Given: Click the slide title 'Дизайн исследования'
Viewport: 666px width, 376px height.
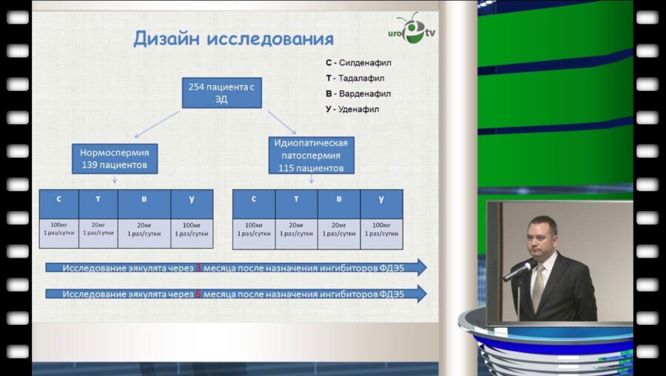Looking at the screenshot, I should coord(233,38).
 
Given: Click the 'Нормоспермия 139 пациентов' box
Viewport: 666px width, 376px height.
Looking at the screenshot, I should coord(115,158).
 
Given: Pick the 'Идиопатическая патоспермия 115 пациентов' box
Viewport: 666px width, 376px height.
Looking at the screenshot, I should coord(311,155).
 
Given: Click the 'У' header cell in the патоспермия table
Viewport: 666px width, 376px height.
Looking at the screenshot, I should coord(382,199).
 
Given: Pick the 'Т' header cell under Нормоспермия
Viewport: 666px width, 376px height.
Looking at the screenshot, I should coord(98,199).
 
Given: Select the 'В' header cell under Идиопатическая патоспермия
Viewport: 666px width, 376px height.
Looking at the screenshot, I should coord(339,199).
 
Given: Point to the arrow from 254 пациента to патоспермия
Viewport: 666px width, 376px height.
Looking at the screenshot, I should coord(281,123).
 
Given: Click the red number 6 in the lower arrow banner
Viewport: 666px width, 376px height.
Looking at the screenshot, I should coord(198,294).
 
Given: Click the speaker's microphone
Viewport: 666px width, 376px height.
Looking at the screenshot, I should coord(519,272).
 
